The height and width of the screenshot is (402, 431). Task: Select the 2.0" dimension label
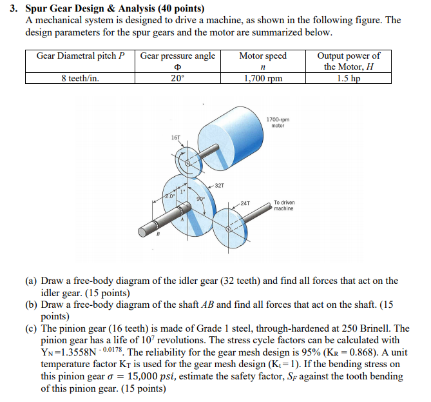coord(168,195)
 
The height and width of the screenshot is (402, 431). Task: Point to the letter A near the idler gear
coord(183,219)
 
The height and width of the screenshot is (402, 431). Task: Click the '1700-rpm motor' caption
coord(278,123)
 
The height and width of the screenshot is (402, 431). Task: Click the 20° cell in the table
coord(177,79)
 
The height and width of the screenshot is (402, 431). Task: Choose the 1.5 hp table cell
coord(348,79)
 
